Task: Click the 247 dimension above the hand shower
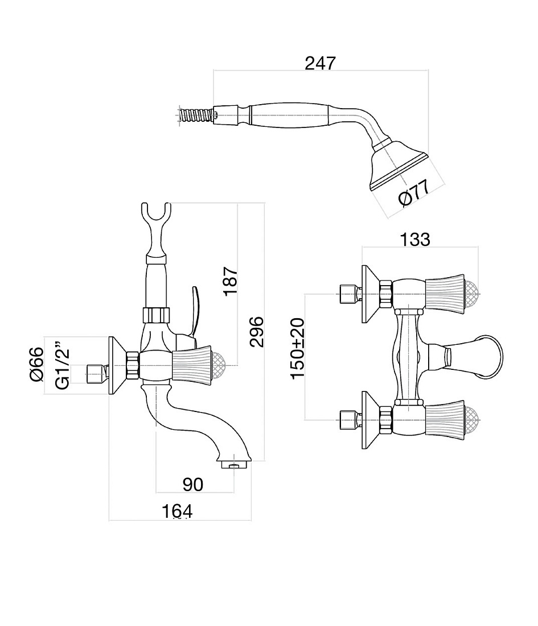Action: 321,63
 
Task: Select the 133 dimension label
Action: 415,239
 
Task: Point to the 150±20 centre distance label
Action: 297,348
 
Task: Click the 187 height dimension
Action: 231,282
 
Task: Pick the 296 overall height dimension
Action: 256,332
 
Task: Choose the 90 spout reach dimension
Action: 193,484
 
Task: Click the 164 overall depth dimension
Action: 177,512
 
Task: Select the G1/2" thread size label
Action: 63,364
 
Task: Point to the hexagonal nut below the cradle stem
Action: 156,314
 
